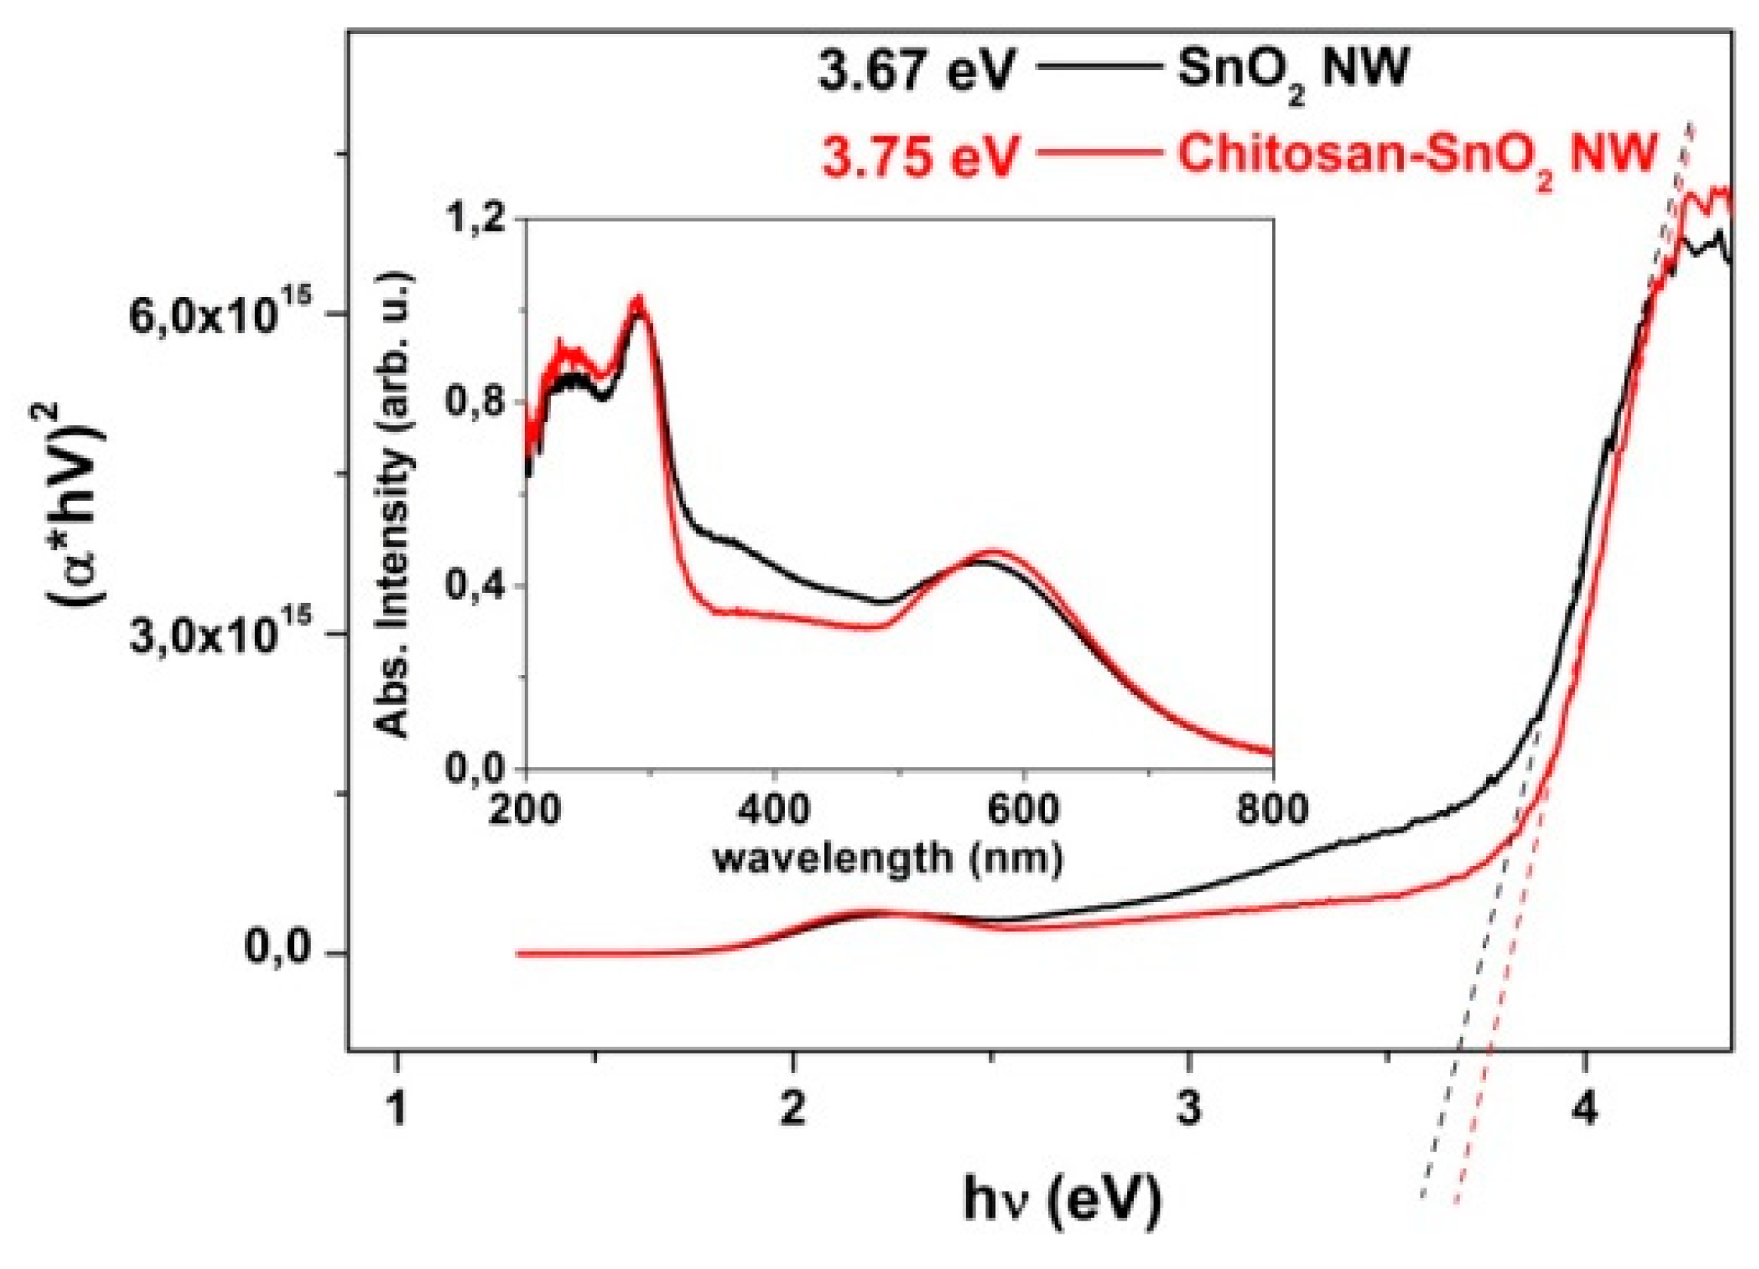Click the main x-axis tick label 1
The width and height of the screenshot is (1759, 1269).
tap(397, 1109)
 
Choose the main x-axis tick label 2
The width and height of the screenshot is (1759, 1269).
tap(792, 1109)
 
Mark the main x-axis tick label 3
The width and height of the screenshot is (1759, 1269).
tap(1188, 1109)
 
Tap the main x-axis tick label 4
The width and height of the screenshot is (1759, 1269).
tap(1585, 1109)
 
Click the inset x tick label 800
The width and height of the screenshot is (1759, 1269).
tap(1273, 811)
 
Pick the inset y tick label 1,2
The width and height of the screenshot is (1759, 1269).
tap(480, 219)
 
